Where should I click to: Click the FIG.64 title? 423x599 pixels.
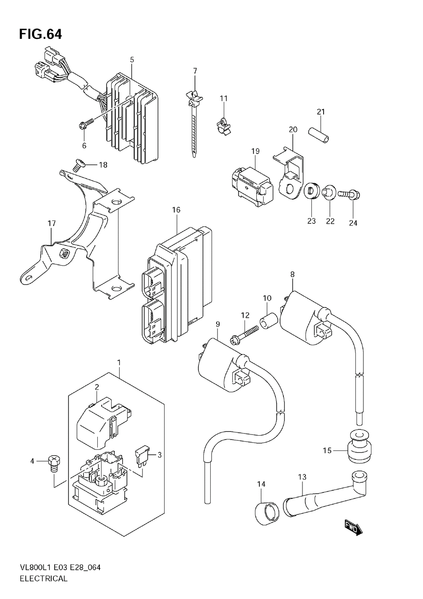[40, 35]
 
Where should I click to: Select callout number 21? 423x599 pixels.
[321, 112]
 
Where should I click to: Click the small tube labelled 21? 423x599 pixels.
[319, 135]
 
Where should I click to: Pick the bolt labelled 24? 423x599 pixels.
[349, 194]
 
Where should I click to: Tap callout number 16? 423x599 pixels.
[176, 210]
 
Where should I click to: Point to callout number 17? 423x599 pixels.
[52, 223]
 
